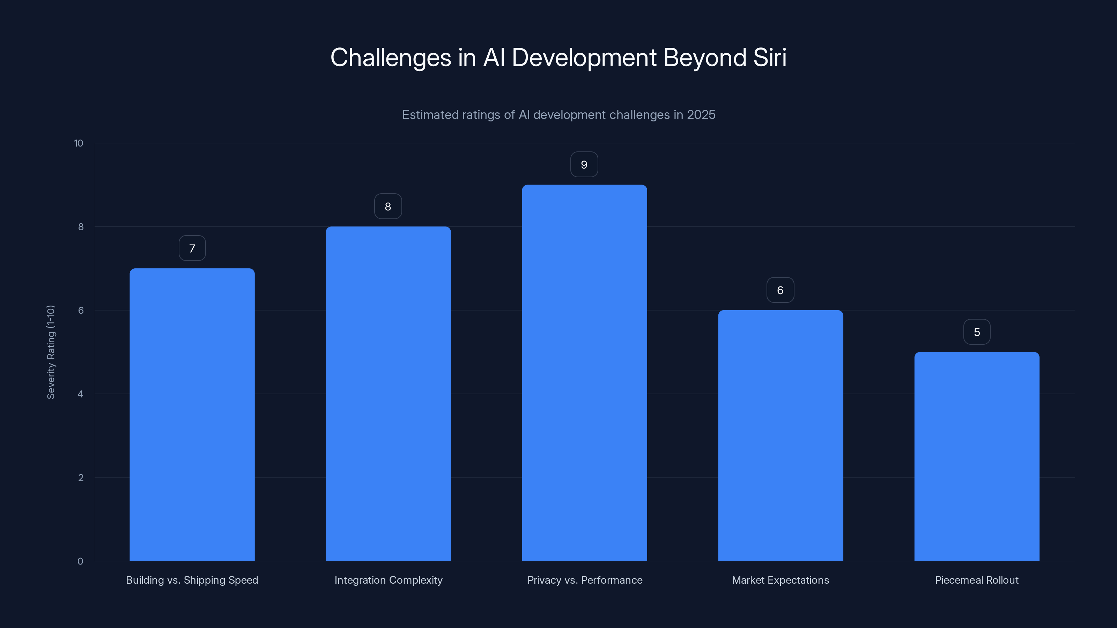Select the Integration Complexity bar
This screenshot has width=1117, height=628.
click(388, 393)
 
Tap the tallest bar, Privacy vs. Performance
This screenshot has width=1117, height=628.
click(584, 372)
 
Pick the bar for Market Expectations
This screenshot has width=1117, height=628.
click(781, 435)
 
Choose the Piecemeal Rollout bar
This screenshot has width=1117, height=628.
click(977, 456)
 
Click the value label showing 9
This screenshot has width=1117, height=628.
click(584, 165)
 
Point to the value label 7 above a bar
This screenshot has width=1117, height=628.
click(192, 248)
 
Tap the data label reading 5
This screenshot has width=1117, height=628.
click(977, 332)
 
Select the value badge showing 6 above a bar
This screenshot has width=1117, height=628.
click(780, 290)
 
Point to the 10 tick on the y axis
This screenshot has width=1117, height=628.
click(79, 143)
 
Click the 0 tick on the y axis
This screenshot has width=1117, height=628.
click(80, 561)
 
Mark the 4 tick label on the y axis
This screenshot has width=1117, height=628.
click(80, 394)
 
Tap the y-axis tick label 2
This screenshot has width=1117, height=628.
click(81, 478)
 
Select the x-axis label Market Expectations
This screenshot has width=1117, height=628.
click(780, 580)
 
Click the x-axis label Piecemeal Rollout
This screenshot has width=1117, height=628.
click(977, 580)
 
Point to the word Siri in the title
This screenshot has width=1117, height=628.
click(770, 58)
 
